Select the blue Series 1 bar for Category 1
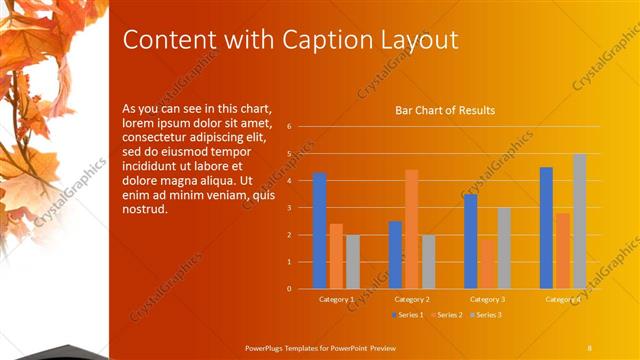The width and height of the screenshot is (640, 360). [319, 230]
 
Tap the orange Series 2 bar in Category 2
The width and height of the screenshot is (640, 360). [411, 229]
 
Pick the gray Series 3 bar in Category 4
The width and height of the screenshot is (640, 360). [579, 221]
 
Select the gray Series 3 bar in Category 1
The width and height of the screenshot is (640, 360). [353, 261]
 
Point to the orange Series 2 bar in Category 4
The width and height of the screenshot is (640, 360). [563, 250]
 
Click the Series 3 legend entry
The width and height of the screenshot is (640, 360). [485, 315]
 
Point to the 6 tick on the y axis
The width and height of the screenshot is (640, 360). [288, 127]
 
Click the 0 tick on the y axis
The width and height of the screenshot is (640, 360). [288, 289]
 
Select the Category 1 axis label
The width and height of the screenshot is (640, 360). [336, 299]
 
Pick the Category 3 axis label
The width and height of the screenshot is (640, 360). [487, 299]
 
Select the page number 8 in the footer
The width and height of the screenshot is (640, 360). [590, 347]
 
